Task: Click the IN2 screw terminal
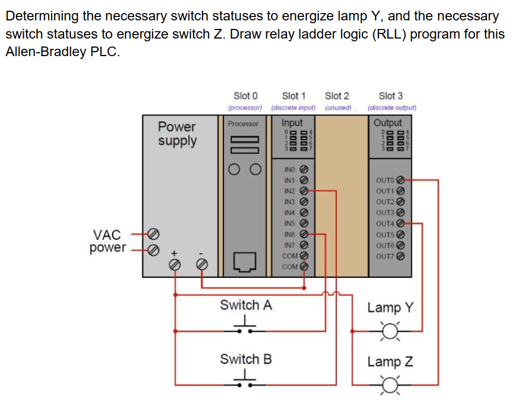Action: [303, 191]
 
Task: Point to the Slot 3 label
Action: [390, 96]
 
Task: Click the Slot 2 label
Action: [337, 96]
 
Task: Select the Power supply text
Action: [176, 134]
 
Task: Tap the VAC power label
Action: [107, 241]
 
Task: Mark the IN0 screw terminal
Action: [303, 169]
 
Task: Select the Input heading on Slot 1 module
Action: [292, 122]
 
